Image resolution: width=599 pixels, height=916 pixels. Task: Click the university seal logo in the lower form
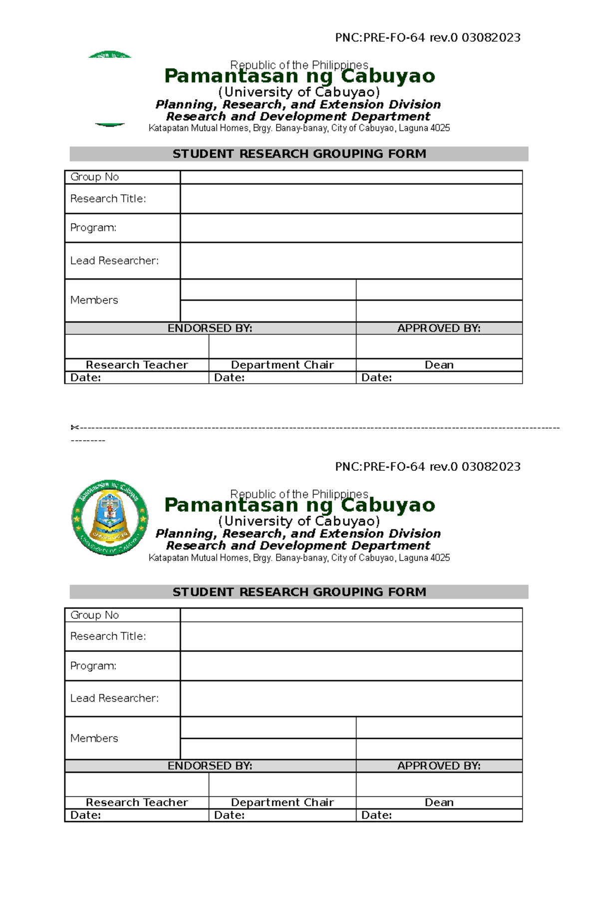(x=110, y=518)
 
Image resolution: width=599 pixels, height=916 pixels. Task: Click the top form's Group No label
(x=94, y=177)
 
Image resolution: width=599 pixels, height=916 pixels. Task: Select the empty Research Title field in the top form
(x=351, y=199)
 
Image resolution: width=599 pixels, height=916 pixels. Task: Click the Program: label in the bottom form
(x=93, y=666)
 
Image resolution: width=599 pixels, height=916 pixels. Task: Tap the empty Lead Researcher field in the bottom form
(x=351, y=698)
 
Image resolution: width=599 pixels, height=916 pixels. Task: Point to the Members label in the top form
(x=94, y=300)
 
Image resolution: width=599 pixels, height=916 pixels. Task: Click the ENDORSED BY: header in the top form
(x=210, y=328)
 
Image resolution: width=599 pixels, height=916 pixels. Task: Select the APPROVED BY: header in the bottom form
(x=439, y=766)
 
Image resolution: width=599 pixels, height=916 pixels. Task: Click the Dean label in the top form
(x=439, y=365)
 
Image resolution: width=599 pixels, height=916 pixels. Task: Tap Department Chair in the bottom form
(x=282, y=802)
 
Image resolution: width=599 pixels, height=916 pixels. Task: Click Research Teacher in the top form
(x=137, y=365)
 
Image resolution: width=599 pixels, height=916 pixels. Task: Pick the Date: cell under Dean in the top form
(x=439, y=377)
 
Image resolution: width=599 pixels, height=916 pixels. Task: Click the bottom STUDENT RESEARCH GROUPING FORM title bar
(x=299, y=592)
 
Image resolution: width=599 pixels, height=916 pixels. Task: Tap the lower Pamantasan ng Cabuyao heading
(x=299, y=505)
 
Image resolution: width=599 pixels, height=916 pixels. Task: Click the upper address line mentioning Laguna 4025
(x=299, y=128)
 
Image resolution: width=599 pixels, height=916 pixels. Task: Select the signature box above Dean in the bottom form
(x=439, y=784)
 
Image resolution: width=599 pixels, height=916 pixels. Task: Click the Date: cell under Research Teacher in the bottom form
(x=137, y=815)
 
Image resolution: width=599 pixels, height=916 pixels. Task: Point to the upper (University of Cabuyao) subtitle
(x=299, y=92)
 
